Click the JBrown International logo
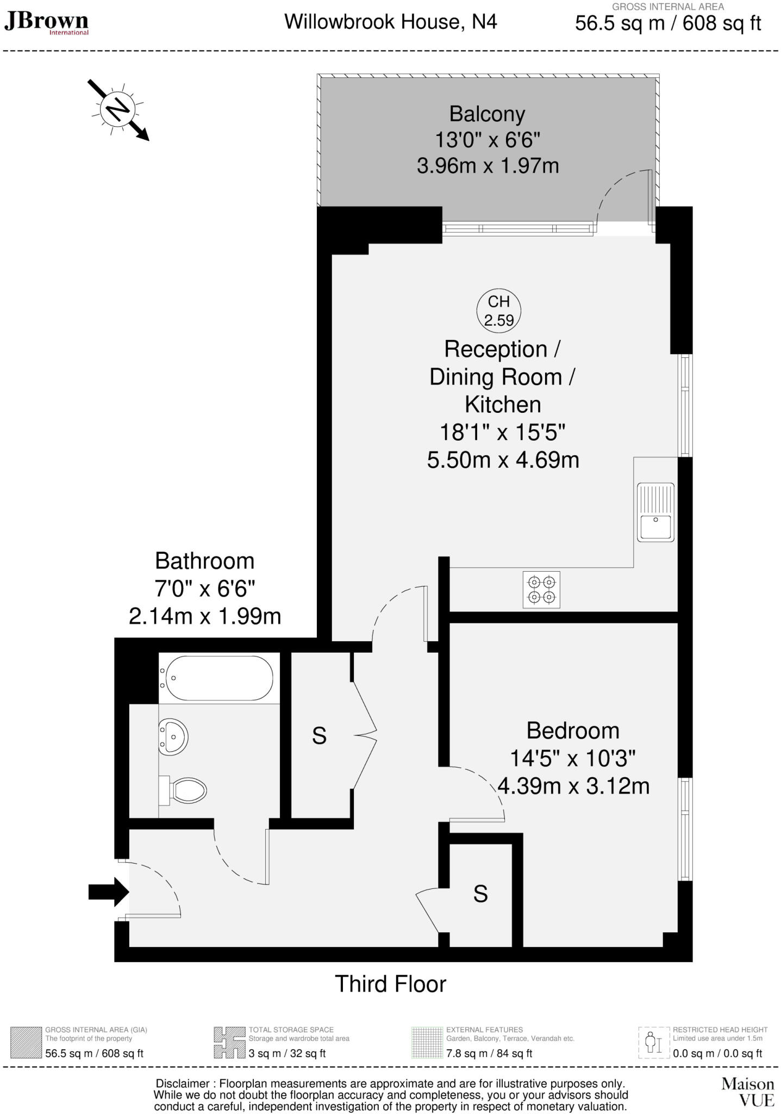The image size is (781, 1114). (x=46, y=23)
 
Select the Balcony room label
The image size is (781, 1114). (x=487, y=114)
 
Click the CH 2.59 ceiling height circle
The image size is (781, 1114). (x=499, y=311)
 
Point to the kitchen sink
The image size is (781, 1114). (x=656, y=512)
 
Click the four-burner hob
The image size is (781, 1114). (x=541, y=589)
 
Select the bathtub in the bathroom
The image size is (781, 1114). (x=217, y=678)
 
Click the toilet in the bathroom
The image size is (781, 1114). (x=185, y=789)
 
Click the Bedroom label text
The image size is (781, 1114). (x=573, y=731)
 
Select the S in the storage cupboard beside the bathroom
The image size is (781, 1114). (x=319, y=736)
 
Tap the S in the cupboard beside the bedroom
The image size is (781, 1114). (x=480, y=894)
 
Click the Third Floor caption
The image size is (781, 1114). (x=390, y=984)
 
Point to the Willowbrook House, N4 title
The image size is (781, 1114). (x=390, y=22)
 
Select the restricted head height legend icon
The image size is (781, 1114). (x=653, y=1042)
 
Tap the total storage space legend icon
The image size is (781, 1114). (x=229, y=1042)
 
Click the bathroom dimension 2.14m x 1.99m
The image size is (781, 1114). (x=205, y=616)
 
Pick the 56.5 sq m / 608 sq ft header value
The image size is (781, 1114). (x=668, y=23)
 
